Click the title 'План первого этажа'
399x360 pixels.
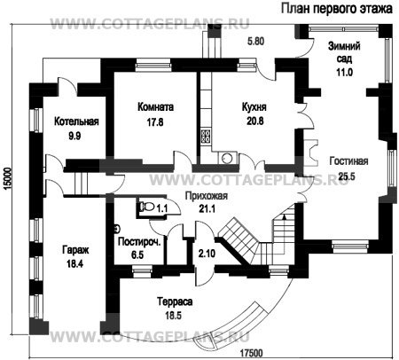click(336, 9)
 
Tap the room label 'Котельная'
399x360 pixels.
click(76, 121)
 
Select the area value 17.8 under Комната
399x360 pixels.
click(155, 122)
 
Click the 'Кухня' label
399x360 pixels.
click(254, 107)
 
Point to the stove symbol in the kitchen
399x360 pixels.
click(205, 137)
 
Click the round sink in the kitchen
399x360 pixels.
click(228, 158)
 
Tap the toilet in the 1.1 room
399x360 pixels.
click(147, 206)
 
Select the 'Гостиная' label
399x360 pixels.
click(348, 161)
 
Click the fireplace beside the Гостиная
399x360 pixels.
click(310, 153)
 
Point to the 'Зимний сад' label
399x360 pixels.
click(344, 52)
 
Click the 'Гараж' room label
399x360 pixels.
click(75, 251)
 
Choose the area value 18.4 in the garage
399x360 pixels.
click(74, 263)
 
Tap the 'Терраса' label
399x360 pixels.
click(175, 301)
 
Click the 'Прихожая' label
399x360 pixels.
click(207, 196)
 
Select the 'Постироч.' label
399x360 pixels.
click(139, 242)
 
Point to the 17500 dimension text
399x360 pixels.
click(251, 353)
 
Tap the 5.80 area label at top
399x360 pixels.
click(255, 41)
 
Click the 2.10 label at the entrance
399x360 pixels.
click(207, 254)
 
